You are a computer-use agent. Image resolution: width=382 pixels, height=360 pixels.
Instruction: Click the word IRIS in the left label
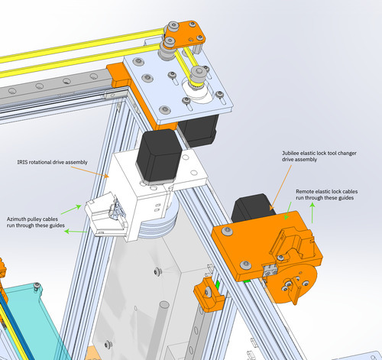point(22,162)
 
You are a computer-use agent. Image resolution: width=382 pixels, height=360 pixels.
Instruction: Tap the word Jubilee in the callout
point(290,153)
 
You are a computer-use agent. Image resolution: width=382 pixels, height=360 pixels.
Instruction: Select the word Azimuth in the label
point(17,219)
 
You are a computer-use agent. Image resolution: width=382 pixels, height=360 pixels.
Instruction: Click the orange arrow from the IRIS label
point(89,172)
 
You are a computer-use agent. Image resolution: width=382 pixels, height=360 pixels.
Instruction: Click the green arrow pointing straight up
point(312,212)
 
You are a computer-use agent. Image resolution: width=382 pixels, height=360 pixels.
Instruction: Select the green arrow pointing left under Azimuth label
point(76,232)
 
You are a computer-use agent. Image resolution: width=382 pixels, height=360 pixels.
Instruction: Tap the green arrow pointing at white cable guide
point(71,209)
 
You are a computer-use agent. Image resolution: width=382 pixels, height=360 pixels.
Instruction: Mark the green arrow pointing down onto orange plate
point(288,211)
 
